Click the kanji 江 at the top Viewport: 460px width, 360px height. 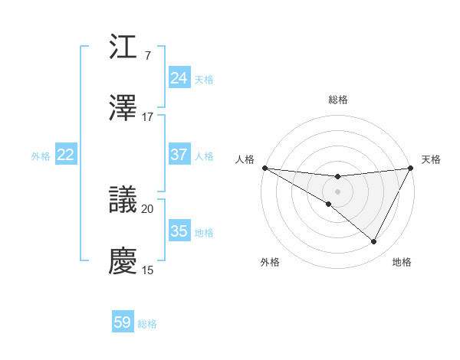point(123,47)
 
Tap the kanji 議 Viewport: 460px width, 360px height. point(123,199)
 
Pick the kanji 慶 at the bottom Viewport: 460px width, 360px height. point(123,261)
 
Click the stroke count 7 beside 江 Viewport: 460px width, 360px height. point(147,56)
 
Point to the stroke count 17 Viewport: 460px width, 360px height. point(148,117)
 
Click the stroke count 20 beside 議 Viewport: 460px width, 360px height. point(148,208)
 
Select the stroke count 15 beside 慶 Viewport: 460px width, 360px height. point(148,270)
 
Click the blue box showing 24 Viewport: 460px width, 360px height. point(179,78)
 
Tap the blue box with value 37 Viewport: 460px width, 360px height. point(179,155)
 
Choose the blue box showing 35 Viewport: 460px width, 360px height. point(179,231)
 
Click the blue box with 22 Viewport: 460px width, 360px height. point(66,155)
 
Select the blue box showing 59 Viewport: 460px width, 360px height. point(123,322)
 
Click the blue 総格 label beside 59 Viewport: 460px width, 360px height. point(147,324)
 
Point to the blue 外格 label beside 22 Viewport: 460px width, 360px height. point(41,156)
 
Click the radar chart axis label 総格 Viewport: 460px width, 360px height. point(338,100)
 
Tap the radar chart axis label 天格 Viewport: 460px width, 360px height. point(432,159)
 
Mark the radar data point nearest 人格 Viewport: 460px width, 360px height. point(264,168)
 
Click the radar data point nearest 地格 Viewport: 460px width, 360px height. point(374,242)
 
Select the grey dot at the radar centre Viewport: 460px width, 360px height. point(338,191)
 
